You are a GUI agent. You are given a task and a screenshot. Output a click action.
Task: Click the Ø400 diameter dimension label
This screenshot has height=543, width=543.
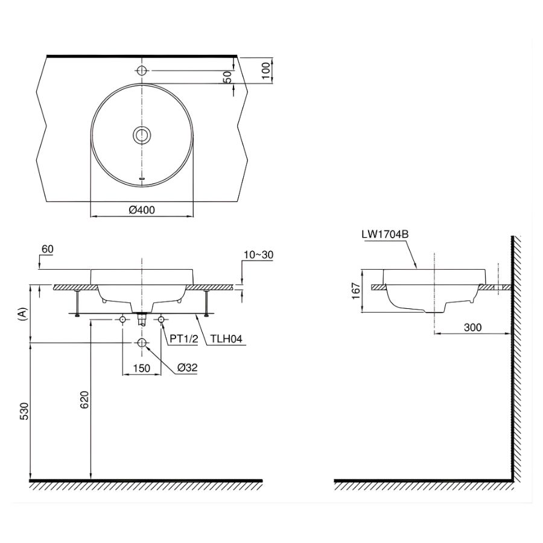tap(142, 210)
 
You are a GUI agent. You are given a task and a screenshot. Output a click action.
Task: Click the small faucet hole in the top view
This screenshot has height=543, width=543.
tap(142, 71)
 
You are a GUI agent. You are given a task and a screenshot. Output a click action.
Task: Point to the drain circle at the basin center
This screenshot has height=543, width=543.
tap(142, 135)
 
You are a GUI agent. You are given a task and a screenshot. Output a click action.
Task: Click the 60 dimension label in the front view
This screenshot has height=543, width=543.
tap(48, 249)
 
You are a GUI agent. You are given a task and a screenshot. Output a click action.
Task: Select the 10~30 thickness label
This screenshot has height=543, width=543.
tap(258, 255)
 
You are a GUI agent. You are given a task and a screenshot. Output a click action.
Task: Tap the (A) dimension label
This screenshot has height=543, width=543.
tap(22, 314)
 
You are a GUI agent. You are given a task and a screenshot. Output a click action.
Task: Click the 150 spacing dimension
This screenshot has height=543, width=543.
tap(141, 367)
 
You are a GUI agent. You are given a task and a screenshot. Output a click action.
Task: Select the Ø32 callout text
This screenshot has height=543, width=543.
tap(188, 367)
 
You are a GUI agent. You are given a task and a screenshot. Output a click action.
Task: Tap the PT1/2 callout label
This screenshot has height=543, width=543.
tap(183, 340)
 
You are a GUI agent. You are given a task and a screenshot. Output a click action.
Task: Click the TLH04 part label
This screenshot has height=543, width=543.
tap(226, 340)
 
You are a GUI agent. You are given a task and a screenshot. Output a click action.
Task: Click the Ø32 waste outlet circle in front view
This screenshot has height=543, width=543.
tap(142, 343)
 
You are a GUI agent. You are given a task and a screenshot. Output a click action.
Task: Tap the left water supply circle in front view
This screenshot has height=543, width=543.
tap(122, 319)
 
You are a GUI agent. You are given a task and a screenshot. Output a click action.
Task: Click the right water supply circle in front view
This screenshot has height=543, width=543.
tap(161, 319)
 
